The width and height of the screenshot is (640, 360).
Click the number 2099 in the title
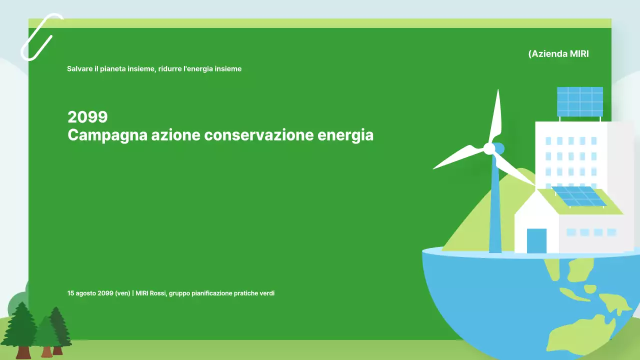[x=87, y=117]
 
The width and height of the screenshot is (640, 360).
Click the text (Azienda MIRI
[x=558, y=53]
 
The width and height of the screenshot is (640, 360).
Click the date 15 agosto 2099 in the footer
[x=90, y=293]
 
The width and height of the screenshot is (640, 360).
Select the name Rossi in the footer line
[x=157, y=293]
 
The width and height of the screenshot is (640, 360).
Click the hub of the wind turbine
[x=489, y=148]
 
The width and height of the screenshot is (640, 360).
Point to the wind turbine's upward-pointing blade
[x=496, y=117]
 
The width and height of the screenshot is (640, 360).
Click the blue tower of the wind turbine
[x=495, y=210]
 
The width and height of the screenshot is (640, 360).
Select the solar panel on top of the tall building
[x=580, y=101]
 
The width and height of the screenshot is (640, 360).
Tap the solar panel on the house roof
[x=580, y=196]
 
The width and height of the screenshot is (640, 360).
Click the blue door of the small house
[x=536, y=241]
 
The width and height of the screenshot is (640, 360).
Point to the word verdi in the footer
[x=267, y=293]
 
